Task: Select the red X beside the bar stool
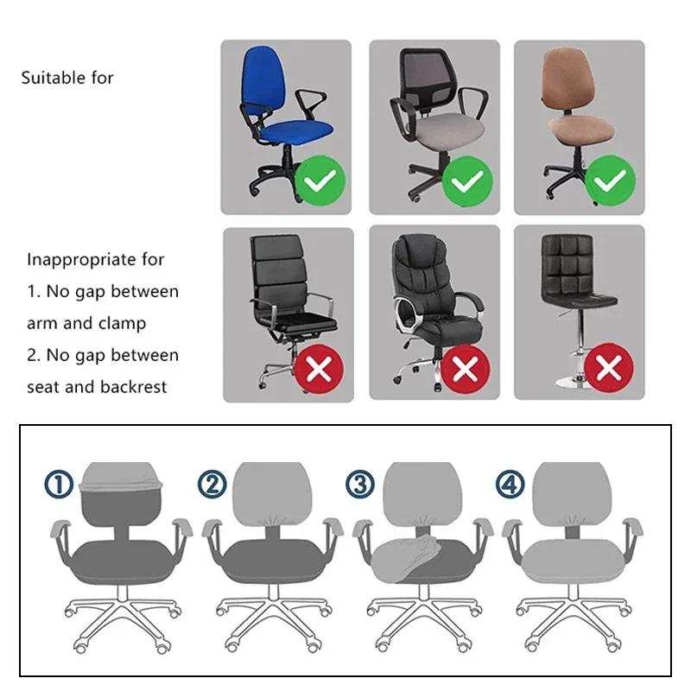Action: point(608,369)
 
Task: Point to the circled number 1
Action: point(59,485)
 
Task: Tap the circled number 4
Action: point(510,485)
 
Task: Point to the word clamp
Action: point(122,323)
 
